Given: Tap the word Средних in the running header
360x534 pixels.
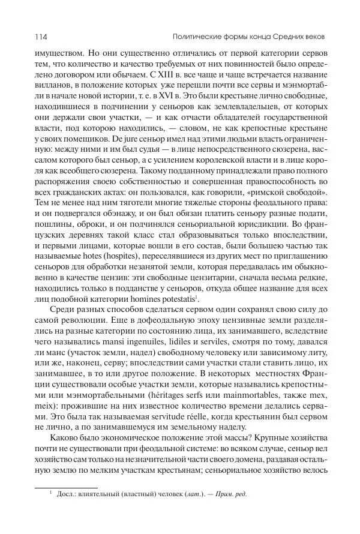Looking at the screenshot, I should tap(283, 37).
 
